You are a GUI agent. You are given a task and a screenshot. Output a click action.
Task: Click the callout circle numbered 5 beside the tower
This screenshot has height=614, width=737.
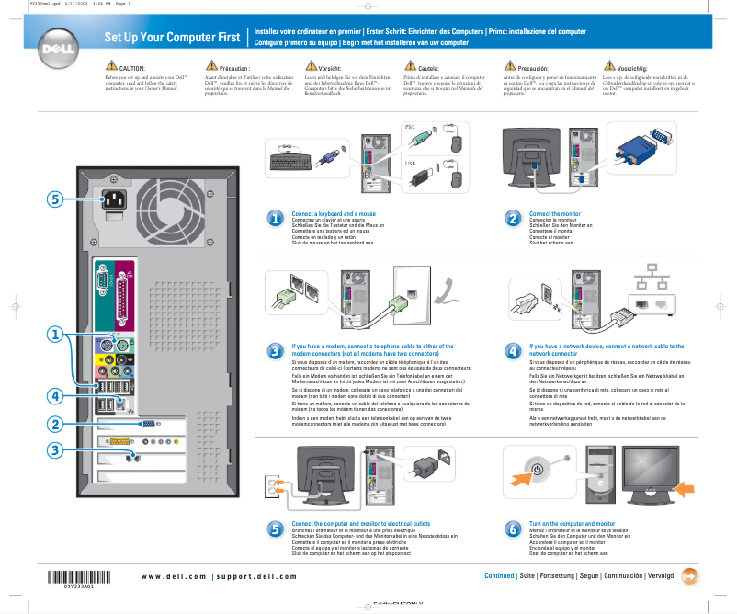55,199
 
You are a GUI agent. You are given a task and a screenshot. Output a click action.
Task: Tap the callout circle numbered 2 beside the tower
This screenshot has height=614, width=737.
55,424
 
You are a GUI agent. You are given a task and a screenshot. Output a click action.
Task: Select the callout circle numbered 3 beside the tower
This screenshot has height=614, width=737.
55,450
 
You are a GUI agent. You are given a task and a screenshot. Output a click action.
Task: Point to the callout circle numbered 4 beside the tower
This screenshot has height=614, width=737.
55,395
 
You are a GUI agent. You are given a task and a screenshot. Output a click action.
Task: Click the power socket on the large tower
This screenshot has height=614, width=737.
116,199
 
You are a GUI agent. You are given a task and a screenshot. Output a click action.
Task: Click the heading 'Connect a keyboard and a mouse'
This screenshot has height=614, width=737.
334,214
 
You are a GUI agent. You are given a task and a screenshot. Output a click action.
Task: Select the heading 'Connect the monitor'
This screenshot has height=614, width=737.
555,214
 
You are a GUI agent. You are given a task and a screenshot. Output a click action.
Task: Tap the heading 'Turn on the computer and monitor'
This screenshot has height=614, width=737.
573,522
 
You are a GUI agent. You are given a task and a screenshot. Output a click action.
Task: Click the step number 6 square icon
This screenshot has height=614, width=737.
513,529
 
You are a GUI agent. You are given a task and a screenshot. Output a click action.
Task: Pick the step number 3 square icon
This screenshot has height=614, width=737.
275,350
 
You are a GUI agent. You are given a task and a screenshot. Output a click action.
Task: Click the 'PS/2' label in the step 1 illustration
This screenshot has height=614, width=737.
410,126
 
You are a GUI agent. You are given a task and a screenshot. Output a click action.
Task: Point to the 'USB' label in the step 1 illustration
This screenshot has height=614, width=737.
410,164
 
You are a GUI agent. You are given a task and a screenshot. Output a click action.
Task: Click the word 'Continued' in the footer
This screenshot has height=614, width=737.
499,576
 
